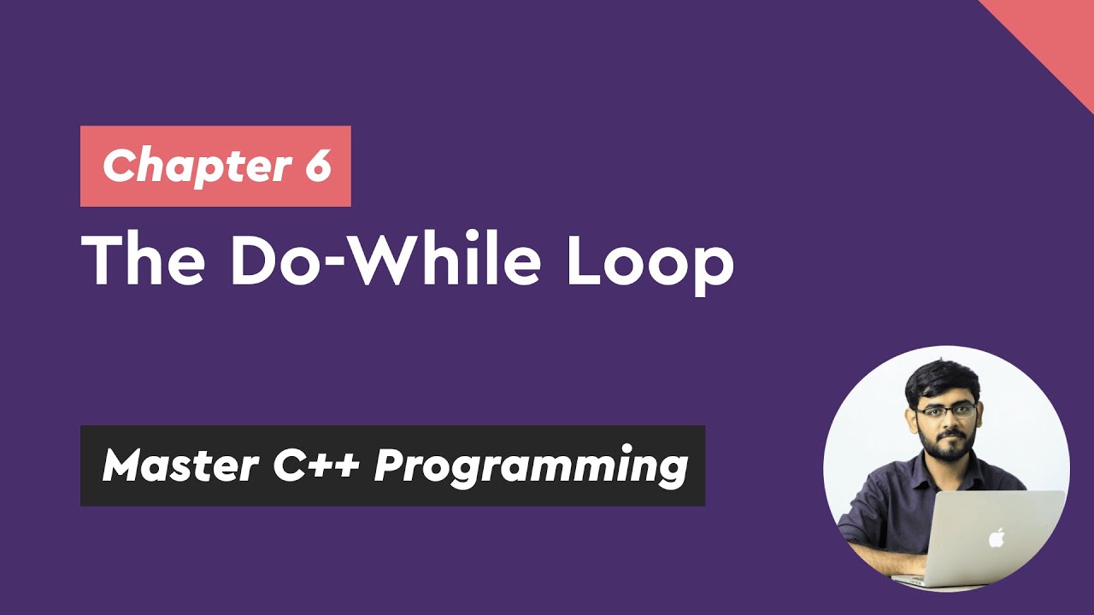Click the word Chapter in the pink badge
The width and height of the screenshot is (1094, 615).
click(194, 166)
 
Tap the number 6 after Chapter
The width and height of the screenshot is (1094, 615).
click(315, 165)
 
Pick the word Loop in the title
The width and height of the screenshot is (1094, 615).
click(649, 261)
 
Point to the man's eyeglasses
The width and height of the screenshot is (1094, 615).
click(945, 411)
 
